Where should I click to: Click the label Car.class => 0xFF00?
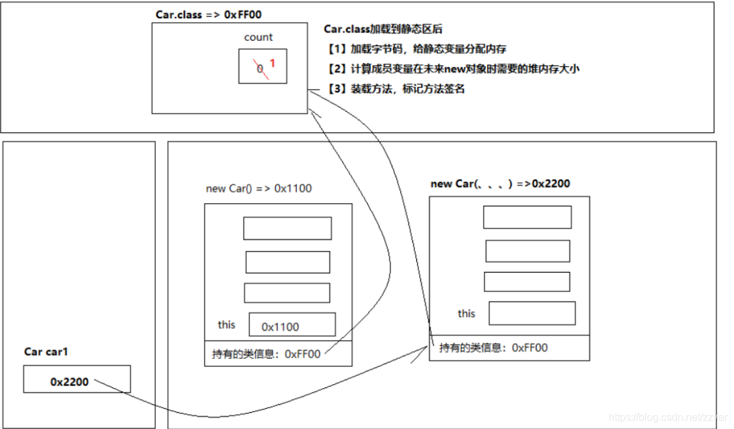click(208, 14)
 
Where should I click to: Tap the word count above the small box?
click(258, 37)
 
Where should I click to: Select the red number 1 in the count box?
click(273, 64)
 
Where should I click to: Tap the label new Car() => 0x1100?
click(259, 189)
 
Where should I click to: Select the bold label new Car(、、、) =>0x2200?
click(500, 184)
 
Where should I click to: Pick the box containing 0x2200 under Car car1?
click(77, 379)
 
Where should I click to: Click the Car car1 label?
click(46, 352)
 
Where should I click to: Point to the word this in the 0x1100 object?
click(227, 324)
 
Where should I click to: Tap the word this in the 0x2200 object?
click(466, 313)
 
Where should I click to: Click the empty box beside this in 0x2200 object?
click(531, 313)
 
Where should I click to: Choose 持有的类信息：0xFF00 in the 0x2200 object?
click(493, 347)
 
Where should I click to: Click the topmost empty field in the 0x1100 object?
click(287, 228)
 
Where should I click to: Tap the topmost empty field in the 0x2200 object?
click(527, 217)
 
